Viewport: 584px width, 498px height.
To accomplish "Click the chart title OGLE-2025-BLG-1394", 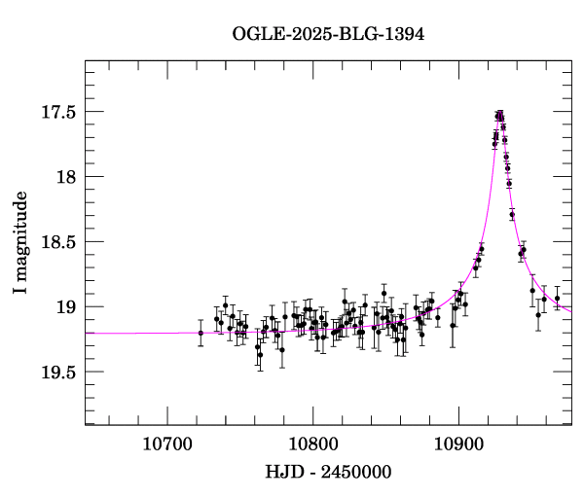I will coord(328,35).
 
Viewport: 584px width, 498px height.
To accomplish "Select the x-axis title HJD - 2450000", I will coord(328,472).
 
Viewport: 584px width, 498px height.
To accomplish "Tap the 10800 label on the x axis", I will coord(312,444).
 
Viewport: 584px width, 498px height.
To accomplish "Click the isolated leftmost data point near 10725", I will coord(201,333).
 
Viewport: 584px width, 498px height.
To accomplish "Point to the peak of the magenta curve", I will coord(500,113).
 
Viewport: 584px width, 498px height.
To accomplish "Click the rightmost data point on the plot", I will coord(557,299).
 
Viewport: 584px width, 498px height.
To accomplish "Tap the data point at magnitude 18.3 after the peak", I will coord(512,214).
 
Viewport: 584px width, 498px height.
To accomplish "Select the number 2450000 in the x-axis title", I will coord(356,472).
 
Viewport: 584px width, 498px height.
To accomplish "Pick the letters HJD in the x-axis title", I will coord(282,472).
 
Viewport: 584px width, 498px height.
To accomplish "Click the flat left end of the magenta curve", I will coord(90,333).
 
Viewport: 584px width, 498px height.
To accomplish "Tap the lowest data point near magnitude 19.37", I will coord(260,355).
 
